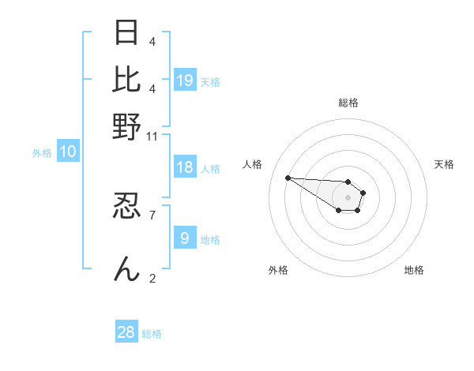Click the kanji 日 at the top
tap(127, 33)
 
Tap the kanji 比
tap(127, 79)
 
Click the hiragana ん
tap(127, 268)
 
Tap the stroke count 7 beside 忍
tap(152, 214)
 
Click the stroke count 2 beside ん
tap(152, 277)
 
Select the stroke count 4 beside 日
tap(152, 41)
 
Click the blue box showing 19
tap(185, 80)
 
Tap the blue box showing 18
tap(185, 167)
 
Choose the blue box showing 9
tap(185, 238)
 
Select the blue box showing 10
tap(68, 152)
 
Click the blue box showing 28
tap(126, 332)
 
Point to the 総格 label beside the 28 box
tap(152, 334)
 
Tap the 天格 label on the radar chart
tap(444, 164)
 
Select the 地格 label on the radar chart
tap(414, 270)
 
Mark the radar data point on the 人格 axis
tap(288, 178)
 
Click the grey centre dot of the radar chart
tap(348, 197)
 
